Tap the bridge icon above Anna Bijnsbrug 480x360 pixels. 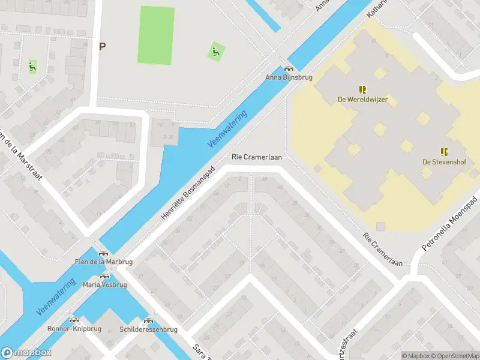[289, 69]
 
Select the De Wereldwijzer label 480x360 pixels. [362, 100]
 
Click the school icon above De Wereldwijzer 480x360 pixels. [362, 89]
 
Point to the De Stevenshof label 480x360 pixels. [444, 162]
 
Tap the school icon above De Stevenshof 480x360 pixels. [444, 152]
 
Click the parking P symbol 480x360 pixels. [102, 46]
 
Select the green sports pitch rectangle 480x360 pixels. [156, 35]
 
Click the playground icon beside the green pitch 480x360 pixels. [216, 52]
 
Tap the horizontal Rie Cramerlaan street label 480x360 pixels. [257, 157]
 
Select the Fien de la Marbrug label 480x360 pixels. [104, 262]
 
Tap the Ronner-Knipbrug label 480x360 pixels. [74, 329]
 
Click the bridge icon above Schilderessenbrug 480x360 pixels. [148, 321]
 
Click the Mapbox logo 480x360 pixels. [26, 353]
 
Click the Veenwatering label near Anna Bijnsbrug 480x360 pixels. [227, 129]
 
